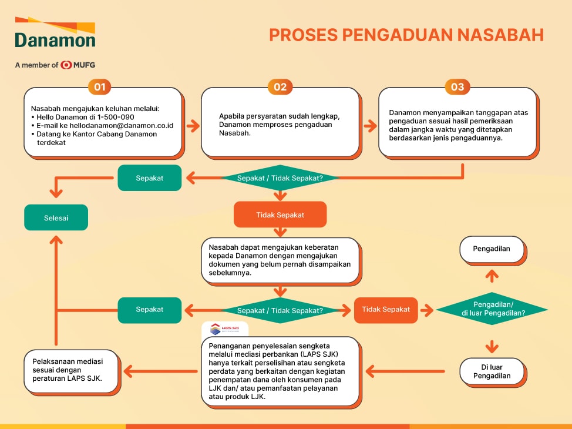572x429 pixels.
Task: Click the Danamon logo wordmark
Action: point(55,40)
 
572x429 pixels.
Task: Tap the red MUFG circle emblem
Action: point(66,65)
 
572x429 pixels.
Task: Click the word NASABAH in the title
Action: point(500,35)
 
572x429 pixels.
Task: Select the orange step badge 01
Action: point(100,87)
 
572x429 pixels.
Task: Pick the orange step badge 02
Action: point(280,87)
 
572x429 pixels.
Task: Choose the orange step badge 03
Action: point(457,87)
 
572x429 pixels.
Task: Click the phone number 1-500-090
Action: point(116,117)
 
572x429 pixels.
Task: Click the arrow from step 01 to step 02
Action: point(193,126)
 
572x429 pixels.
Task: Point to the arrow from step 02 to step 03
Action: point(370,126)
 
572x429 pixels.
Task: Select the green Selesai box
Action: point(56,217)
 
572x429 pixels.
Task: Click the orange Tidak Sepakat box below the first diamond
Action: point(280,214)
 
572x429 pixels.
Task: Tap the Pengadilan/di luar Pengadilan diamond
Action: point(492,309)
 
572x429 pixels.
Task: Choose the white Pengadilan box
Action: point(492,249)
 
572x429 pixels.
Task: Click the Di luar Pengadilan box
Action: point(492,371)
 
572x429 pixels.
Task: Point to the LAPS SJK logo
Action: point(225,329)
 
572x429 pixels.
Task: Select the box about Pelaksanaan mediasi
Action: point(72,371)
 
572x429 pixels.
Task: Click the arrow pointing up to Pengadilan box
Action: point(492,276)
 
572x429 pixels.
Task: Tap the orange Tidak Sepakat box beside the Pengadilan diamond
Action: point(386,310)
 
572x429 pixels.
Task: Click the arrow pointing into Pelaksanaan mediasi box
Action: point(160,371)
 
